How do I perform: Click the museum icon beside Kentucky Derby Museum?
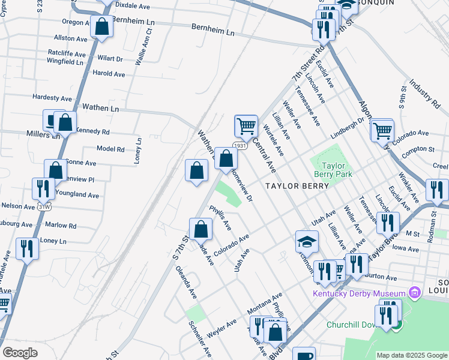pos(413,293)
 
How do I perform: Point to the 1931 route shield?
pos(240,146)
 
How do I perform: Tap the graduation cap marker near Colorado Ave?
pos(307,242)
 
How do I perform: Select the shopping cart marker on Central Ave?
pos(246,126)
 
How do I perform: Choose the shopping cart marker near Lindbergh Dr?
pos(382,129)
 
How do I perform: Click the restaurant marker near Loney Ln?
pos(27,248)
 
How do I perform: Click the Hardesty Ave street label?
pos(52,97)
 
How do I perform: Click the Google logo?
pos(20,352)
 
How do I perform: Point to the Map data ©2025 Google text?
pos(412,355)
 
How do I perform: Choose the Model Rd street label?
pos(110,149)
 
